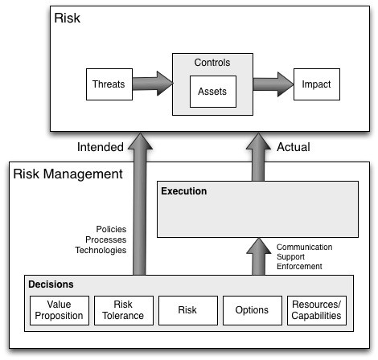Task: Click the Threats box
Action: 109,84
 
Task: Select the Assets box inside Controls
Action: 213,92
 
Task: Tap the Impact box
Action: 317,84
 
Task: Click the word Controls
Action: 212,63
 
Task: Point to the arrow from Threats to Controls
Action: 153,84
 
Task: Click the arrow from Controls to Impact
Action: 273,84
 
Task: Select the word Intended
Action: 101,147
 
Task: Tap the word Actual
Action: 294,147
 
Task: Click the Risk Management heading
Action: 68,174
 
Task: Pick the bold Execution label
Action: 184,191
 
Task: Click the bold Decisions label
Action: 51,284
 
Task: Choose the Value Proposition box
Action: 60,310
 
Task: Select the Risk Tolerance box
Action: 124,310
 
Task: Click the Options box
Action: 253,310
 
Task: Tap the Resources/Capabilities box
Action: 317,310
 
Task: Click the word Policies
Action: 111,229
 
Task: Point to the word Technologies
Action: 101,250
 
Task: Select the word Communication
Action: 304,247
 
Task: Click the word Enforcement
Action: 299,266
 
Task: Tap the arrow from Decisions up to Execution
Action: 258,256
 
